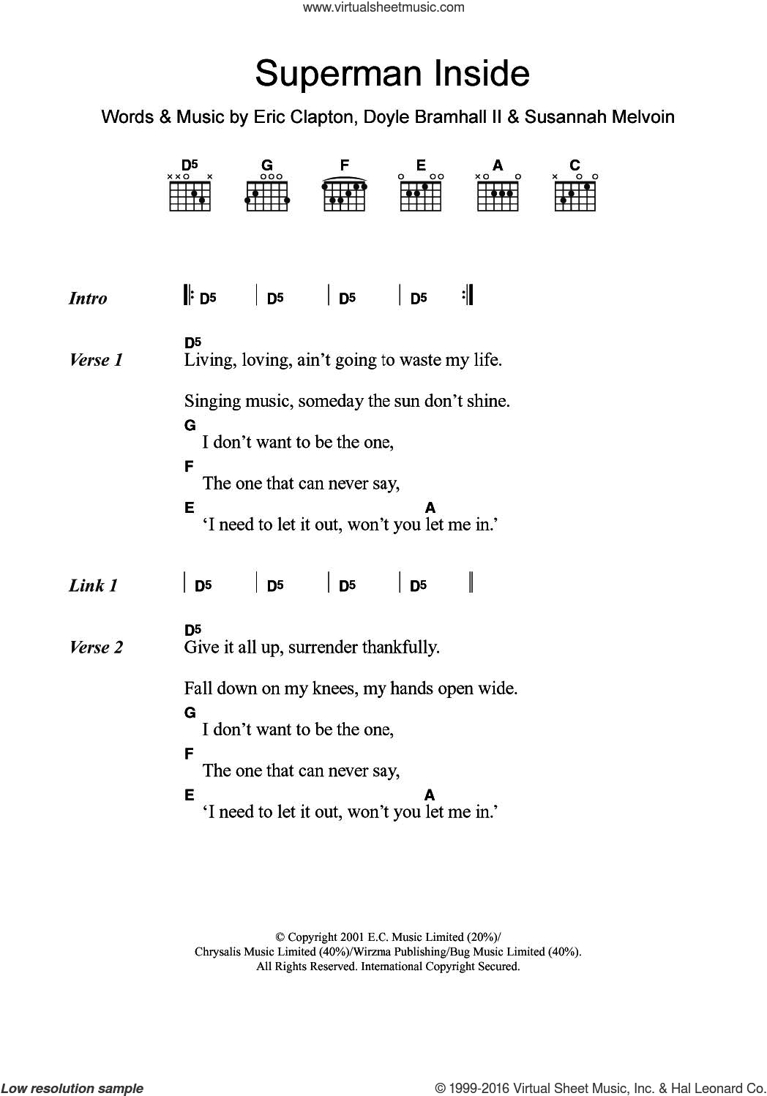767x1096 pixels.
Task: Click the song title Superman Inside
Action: [x=392, y=74]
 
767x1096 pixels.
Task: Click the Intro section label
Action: [x=88, y=299]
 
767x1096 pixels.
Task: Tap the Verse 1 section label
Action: [x=96, y=360]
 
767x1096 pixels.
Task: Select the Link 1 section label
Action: [x=93, y=585]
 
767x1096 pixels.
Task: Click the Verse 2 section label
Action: [x=96, y=648]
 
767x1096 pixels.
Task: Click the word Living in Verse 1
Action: [x=208, y=361]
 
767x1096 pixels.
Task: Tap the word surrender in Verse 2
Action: [x=322, y=648]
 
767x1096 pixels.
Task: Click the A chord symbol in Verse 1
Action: [x=430, y=508]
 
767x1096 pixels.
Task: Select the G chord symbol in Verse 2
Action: [x=190, y=713]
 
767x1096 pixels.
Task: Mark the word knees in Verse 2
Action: [x=314, y=689]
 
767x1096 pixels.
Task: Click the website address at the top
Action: [x=383, y=8]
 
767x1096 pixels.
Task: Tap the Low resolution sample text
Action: [x=72, y=1088]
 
